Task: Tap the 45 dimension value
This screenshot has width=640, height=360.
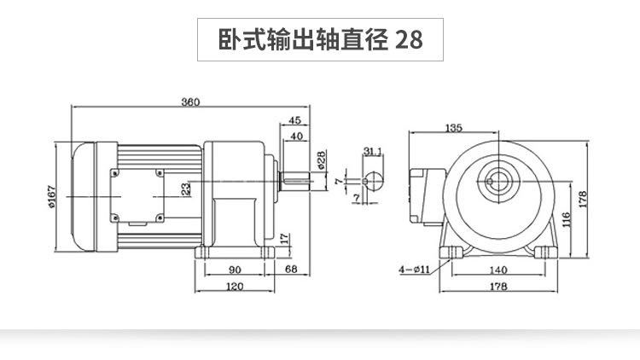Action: [296, 119]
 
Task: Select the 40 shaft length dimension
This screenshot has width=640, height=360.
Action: [296, 136]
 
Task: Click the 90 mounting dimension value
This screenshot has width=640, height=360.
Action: [236, 270]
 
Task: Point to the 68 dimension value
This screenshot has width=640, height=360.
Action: [292, 270]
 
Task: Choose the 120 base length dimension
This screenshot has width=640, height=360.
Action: [236, 287]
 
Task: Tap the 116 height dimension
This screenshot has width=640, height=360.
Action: [567, 219]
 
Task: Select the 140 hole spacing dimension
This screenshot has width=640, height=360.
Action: [499, 270]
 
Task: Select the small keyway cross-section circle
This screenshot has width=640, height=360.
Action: [372, 181]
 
